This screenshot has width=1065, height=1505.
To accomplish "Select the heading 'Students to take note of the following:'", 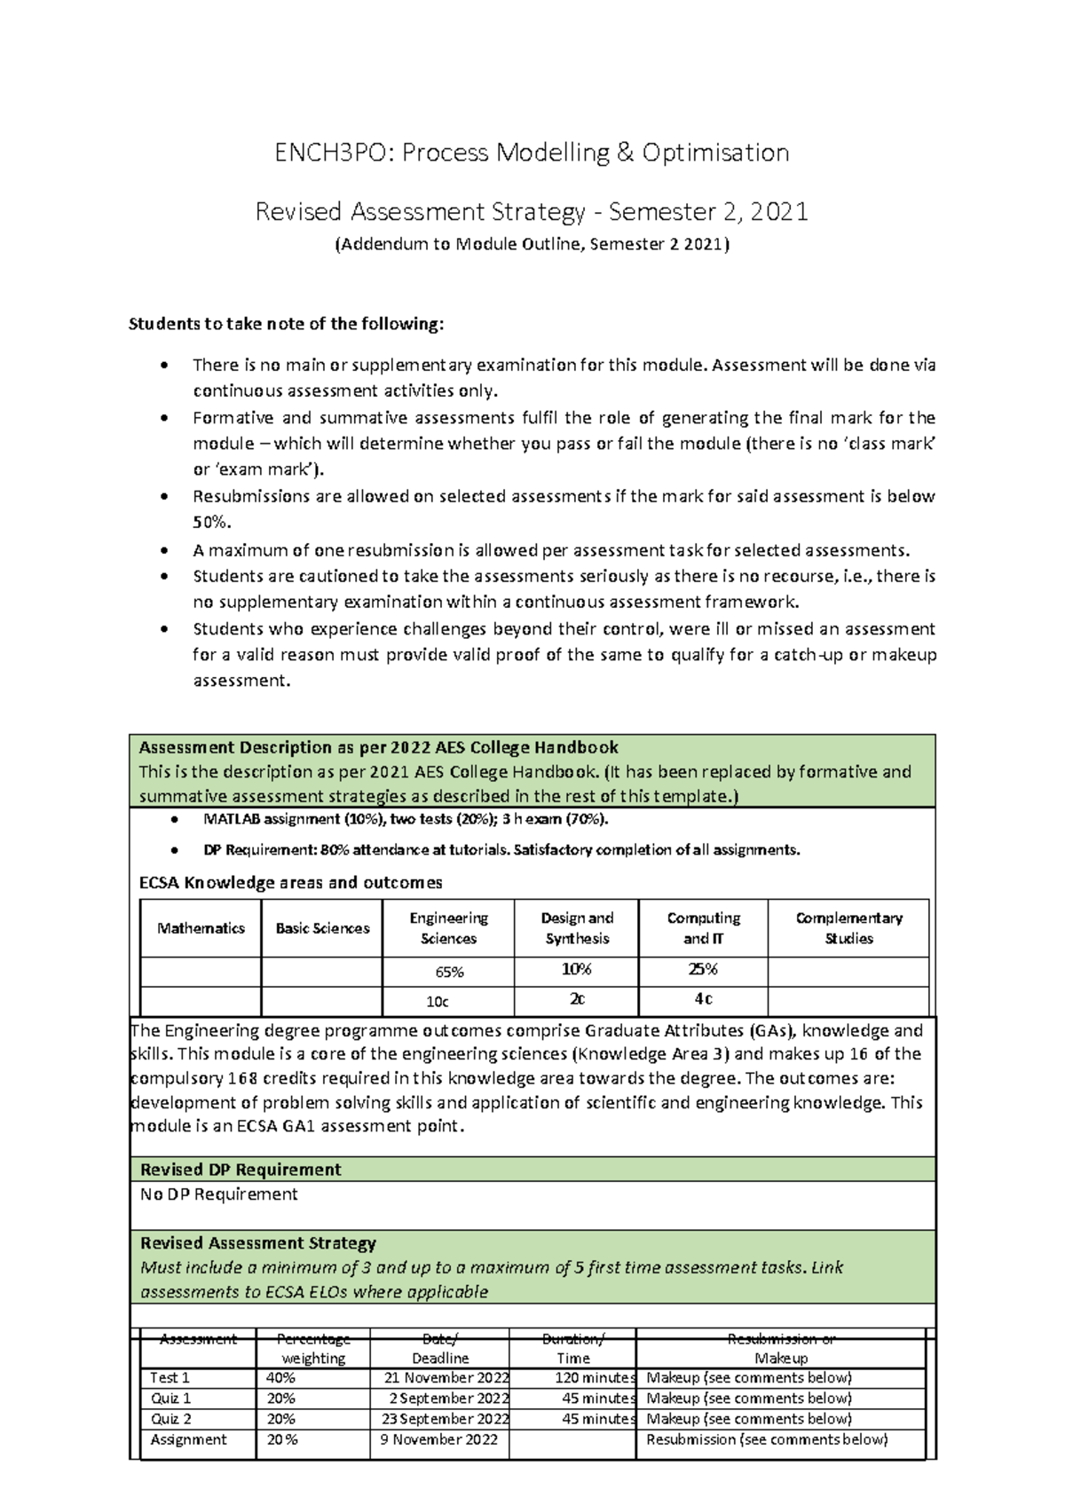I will click(x=286, y=324).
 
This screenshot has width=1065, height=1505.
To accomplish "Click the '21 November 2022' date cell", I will click(x=446, y=1378).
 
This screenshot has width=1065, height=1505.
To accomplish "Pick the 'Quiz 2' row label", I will click(x=170, y=1419).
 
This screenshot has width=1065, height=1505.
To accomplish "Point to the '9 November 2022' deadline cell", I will click(x=439, y=1439).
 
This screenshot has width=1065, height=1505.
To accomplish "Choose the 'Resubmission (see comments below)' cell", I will click(x=766, y=1439).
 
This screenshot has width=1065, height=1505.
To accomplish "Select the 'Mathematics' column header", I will click(x=201, y=928).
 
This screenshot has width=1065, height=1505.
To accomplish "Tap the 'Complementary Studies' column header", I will click(x=848, y=928).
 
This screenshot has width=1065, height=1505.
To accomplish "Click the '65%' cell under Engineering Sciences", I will click(x=449, y=973).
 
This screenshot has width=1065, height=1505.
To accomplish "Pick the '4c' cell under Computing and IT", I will click(x=703, y=999).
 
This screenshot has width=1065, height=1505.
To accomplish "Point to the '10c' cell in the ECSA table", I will click(x=438, y=1002).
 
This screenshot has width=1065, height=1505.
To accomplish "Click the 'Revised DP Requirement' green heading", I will click(x=241, y=1170).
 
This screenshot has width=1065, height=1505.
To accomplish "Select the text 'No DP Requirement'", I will click(x=218, y=1194).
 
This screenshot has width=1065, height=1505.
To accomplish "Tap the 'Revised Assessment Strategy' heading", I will click(x=257, y=1243).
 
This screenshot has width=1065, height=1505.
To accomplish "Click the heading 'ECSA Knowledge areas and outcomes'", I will click(x=290, y=883).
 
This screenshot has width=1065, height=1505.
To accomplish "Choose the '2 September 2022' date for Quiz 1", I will click(x=450, y=1399).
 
